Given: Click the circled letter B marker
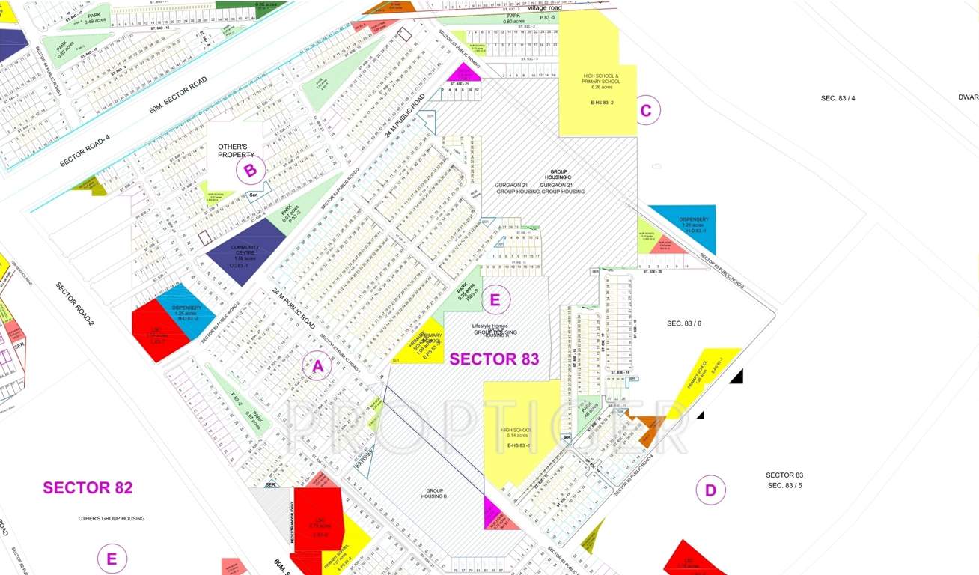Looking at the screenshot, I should coord(251,171).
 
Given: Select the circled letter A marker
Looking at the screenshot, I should coord(317,367).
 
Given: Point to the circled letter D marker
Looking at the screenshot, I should coord(710,491).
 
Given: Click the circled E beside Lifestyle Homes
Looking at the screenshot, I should coord(494,300).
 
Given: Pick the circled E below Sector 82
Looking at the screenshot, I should coord(112,559).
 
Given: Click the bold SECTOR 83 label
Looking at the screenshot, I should coord(494,359).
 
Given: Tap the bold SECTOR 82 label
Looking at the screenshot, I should coord(88,487).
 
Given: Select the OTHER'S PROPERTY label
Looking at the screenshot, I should coord(236,150).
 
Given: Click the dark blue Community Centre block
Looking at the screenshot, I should coord(245,252).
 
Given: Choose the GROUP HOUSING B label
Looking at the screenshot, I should coord(433,493).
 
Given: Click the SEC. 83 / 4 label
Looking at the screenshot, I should coord(838,98).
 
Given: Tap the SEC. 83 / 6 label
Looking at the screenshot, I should coord(684,323).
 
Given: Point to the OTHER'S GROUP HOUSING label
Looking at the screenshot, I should coord(112,518).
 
